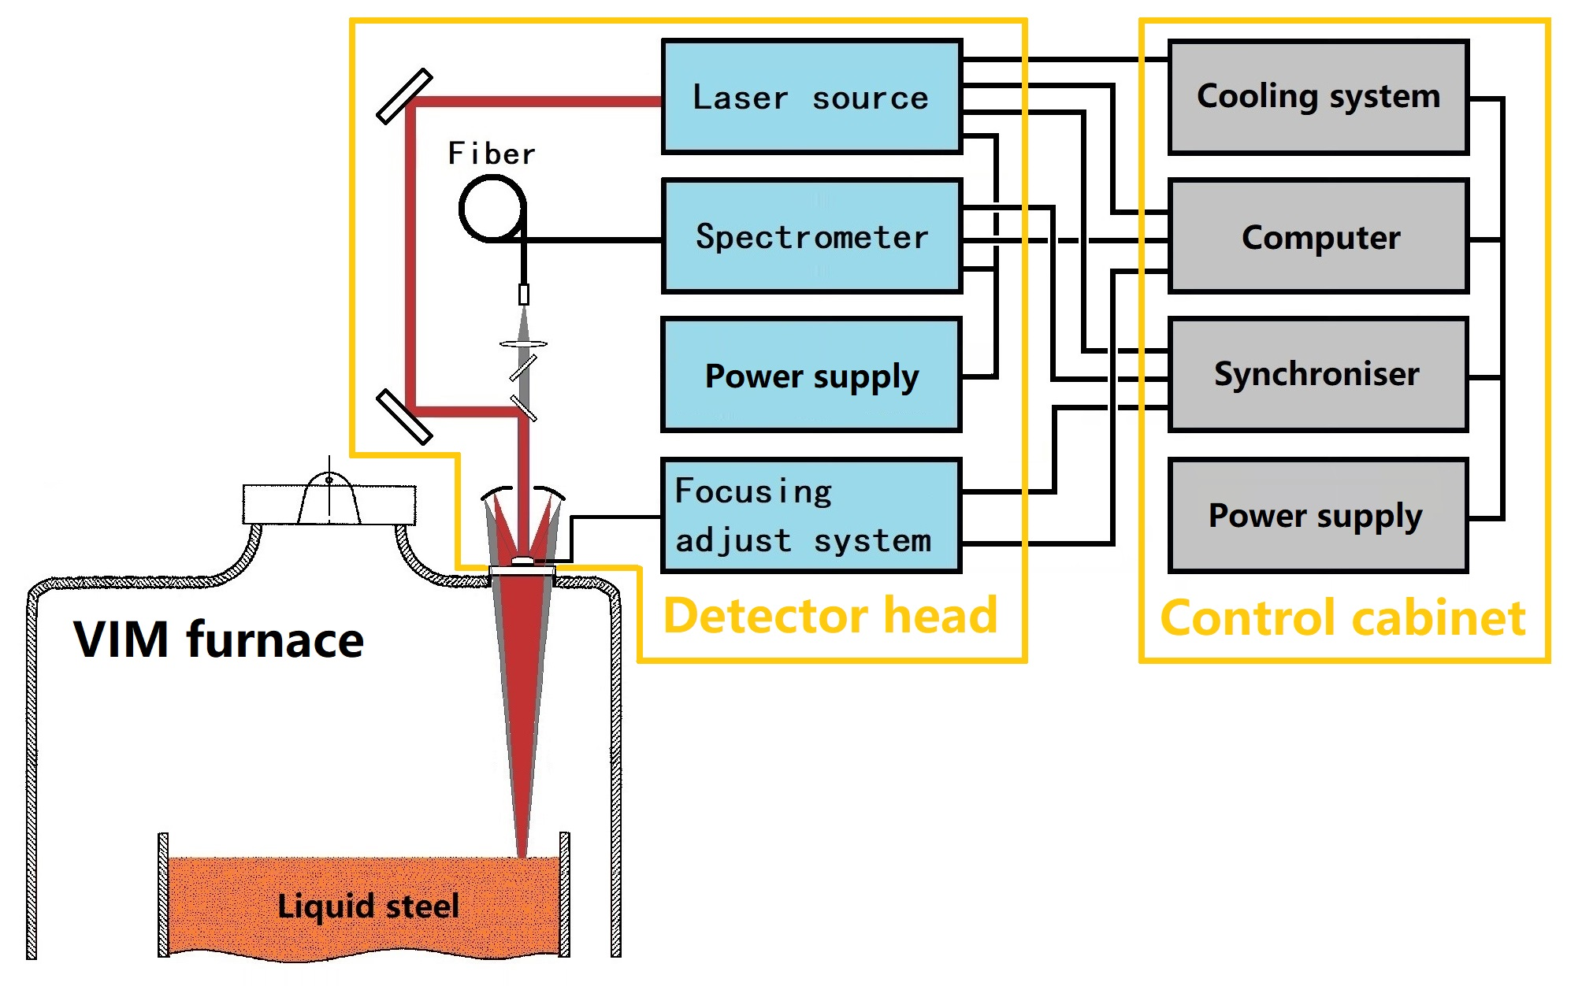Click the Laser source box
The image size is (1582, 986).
811,96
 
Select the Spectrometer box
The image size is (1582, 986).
811,236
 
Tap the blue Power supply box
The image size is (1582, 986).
811,375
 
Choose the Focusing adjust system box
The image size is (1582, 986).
811,515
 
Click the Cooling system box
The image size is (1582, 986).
1318,97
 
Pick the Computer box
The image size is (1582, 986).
1318,236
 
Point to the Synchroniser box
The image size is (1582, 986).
1318,374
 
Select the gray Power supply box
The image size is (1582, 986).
1318,515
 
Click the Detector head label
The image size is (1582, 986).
830,615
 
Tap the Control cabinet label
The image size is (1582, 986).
1342,617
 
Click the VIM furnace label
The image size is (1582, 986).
218,639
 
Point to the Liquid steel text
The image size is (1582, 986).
368,906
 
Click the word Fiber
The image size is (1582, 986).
492,153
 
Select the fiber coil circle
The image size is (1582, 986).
492,208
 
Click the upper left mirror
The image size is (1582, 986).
404,96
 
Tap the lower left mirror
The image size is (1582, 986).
404,416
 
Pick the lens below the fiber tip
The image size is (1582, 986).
523,343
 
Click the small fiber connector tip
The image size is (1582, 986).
524,295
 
